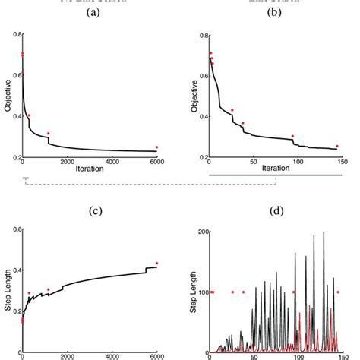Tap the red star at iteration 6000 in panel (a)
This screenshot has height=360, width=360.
pos(157,147)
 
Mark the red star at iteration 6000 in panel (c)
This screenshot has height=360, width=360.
pos(157,264)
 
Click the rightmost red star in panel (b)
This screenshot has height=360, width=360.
pos(337,146)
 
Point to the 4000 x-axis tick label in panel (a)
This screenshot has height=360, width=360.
pos(112,163)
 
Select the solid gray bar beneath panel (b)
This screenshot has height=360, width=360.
pos(274,178)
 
